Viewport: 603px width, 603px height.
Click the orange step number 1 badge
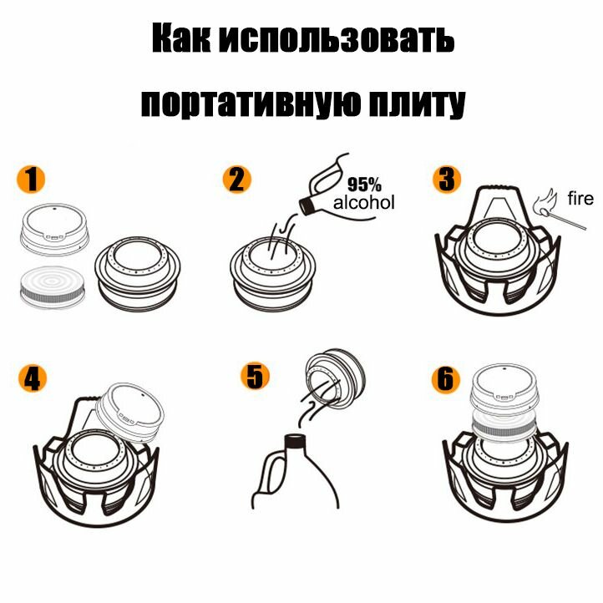point(32,180)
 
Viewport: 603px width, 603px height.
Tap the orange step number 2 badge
point(237,180)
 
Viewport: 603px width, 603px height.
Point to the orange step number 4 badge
point(32,378)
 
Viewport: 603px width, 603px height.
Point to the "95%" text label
point(364,185)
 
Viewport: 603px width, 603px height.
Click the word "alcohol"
point(363,203)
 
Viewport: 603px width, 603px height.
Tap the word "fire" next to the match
point(580,199)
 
